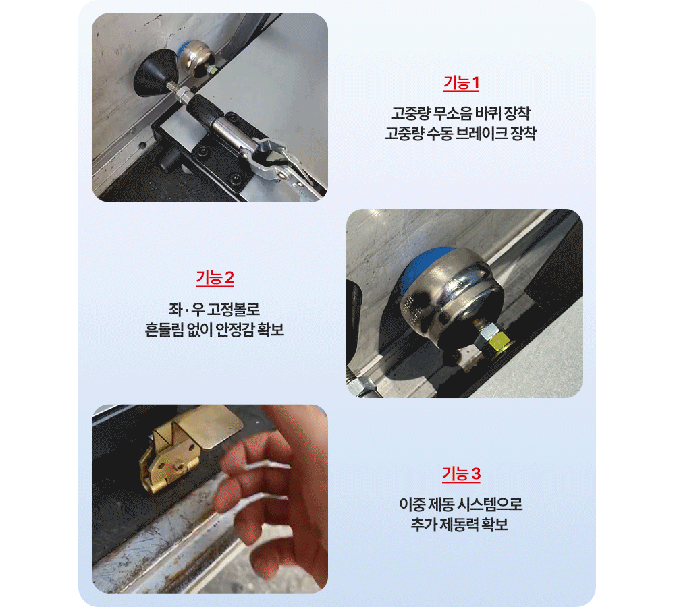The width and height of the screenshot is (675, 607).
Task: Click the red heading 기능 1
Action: point(461,82)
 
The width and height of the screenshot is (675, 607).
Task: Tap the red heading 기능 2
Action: point(215,278)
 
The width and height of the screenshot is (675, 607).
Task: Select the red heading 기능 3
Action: point(461,473)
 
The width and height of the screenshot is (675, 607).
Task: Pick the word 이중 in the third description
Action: point(412,504)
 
